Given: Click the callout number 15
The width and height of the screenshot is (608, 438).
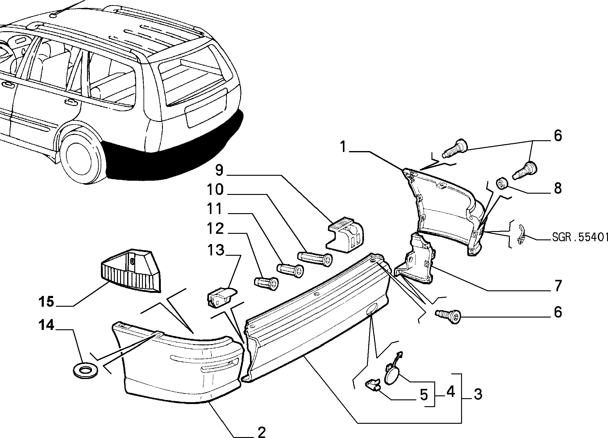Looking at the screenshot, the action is (46, 301).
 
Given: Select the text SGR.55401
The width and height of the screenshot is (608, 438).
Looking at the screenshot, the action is (580, 237).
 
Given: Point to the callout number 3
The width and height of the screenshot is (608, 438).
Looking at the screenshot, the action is (478, 394).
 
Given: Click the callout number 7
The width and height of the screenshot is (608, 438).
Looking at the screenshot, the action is (558, 286).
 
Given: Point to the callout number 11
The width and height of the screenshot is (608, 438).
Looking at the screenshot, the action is (215, 209).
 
